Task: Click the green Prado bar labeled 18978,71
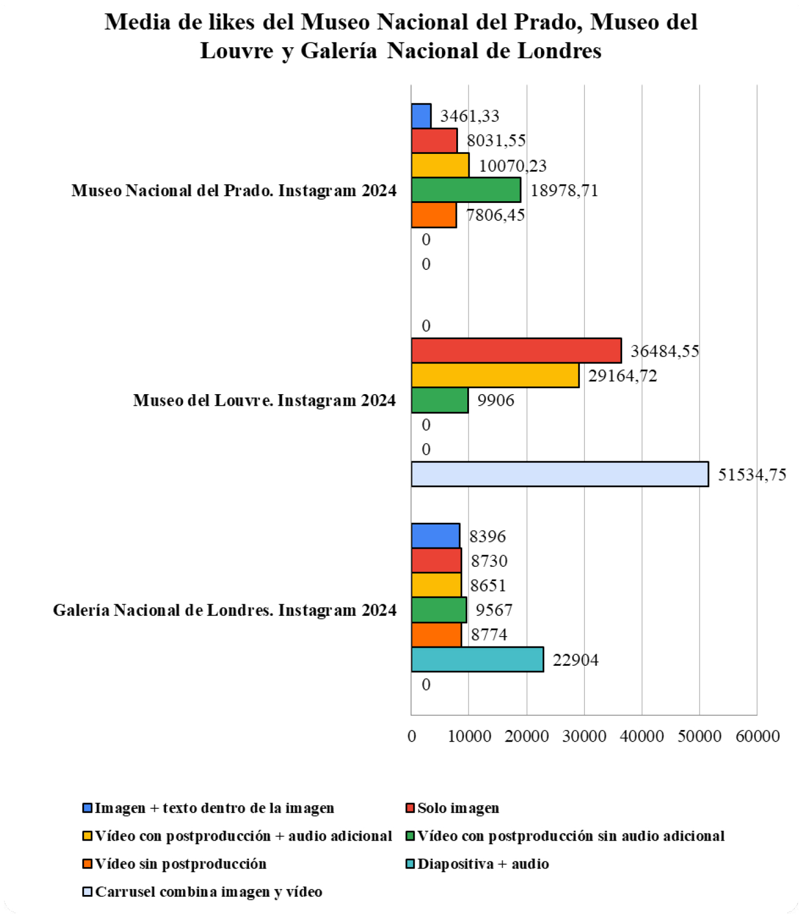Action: pos(466,190)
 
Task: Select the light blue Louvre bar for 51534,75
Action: pos(560,474)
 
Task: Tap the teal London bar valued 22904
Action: pos(477,660)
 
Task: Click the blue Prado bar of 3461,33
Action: pos(421,116)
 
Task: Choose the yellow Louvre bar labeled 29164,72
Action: pos(495,375)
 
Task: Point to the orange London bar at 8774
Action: pos(436,635)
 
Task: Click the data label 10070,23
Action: pos(512,165)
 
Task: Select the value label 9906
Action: pos(495,400)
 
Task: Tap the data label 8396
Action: pos(487,537)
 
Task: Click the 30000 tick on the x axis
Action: pos(584,736)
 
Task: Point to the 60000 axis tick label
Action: pos(757,736)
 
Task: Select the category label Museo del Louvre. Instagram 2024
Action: pos(264,400)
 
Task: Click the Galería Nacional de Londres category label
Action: pos(224,610)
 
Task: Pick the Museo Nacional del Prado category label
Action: pos(234,191)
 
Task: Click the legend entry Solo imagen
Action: pos(458,808)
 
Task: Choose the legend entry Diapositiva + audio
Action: pos(483,864)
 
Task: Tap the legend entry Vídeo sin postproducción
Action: pos(180,864)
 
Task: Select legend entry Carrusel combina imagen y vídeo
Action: pos(208,892)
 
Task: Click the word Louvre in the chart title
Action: pos(237,51)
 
